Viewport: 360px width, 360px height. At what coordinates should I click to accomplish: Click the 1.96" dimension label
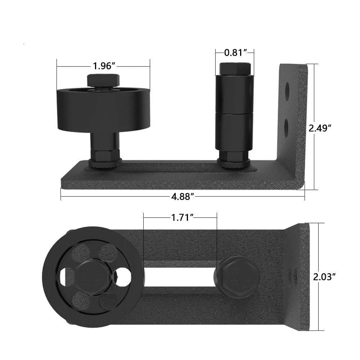103,66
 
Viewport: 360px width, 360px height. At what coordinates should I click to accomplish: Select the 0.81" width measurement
235,53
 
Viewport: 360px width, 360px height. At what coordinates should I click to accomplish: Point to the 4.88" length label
183,197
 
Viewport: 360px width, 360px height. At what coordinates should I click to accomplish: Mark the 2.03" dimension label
324,277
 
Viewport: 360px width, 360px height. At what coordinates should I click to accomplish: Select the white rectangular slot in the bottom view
180,277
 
